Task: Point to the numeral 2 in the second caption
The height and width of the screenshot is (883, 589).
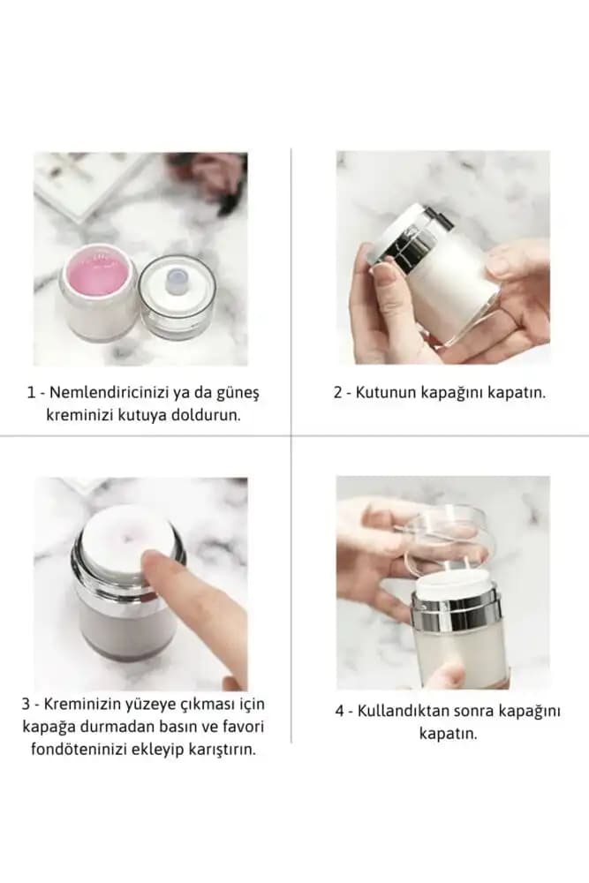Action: [338, 393]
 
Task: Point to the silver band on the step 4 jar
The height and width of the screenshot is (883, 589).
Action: [456, 614]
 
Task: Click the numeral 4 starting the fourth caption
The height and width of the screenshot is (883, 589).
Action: [340, 711]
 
